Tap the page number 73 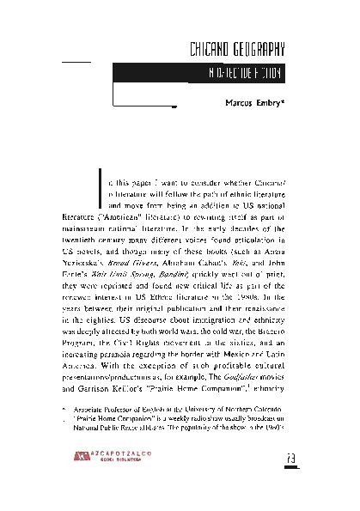290,480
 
